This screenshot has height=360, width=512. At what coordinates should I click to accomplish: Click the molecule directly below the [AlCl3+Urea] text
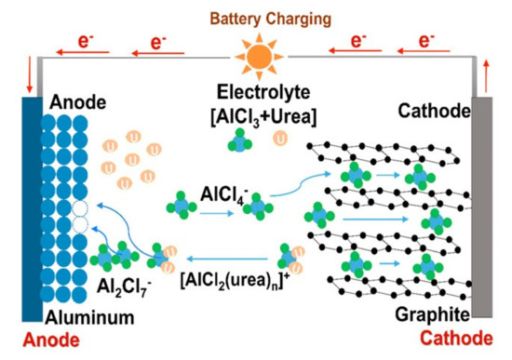(x=241, y=140)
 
